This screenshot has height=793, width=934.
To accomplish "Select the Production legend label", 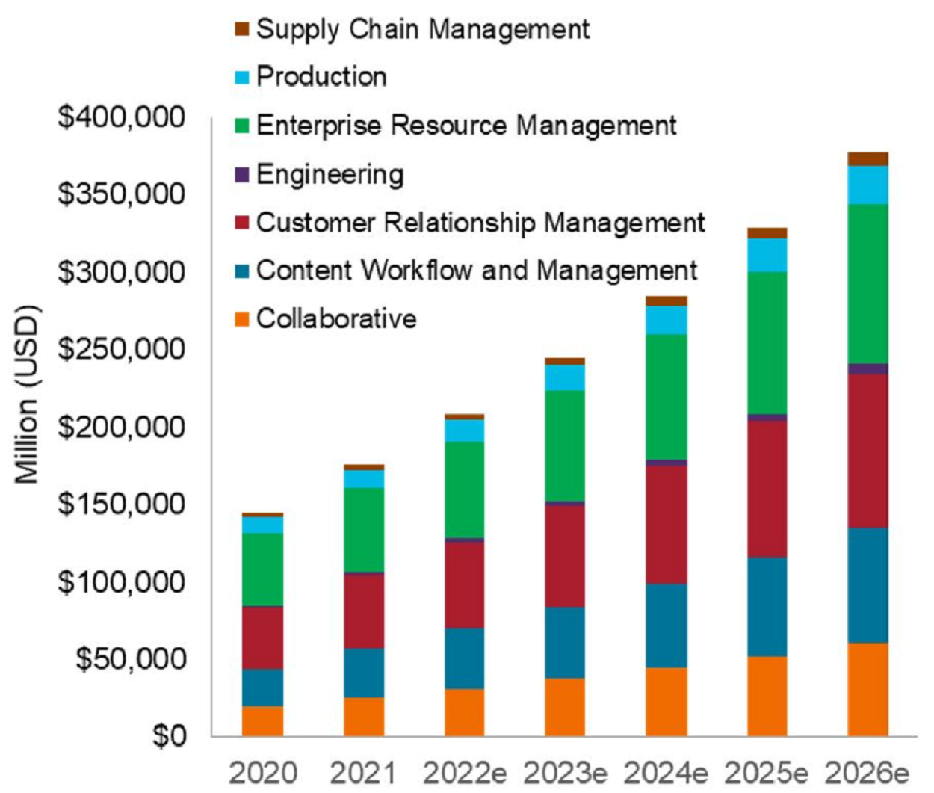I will point(321,76).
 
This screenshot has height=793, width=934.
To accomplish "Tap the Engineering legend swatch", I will point(241,175).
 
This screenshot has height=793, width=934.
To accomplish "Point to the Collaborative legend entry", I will point(335,318).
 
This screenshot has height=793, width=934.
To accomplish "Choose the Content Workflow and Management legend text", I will point(476,271).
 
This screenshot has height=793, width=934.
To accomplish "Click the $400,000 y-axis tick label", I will point(121,117).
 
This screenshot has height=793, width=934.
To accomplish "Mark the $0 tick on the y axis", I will point(169,736).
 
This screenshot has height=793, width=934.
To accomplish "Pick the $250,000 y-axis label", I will point(121,349).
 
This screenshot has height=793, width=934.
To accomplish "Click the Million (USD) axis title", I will point(27,394).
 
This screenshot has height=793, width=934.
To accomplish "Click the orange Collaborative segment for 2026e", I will point(867,689).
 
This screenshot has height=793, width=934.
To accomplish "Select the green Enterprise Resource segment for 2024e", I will point(666,396).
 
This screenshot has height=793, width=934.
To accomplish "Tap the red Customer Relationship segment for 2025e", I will point(767,489).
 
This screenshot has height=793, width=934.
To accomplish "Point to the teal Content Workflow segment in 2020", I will point(262,687).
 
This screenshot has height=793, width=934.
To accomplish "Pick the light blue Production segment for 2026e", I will point(867,185).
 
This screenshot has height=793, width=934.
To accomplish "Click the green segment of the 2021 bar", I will point(364,529).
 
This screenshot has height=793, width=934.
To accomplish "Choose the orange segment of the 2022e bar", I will point(464,712).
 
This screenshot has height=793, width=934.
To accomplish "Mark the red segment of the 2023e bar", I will point(565,555).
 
